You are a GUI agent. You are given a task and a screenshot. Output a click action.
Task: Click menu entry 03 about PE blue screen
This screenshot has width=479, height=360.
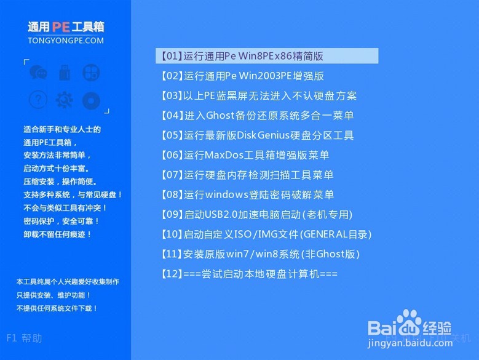tap(258, 96)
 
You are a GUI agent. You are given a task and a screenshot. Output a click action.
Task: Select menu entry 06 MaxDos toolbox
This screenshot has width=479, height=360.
tap(244, 155)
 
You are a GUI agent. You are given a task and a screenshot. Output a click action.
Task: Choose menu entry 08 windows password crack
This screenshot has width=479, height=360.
tap(247, 194)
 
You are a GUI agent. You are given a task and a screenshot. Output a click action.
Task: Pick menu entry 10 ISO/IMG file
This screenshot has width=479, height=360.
tap(266, 234)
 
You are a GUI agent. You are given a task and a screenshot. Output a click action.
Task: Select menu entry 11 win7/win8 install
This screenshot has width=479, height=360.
tap(259, 254)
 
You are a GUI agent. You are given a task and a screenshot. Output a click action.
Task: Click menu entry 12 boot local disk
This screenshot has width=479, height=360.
tap(248, 273)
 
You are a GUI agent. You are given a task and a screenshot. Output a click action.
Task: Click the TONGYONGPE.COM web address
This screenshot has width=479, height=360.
tap(66, 41)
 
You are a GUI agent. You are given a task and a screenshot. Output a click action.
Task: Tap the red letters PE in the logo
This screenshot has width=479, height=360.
tap(61, 27)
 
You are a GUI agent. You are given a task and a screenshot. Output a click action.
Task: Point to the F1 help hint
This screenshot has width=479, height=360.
tap(25, 338)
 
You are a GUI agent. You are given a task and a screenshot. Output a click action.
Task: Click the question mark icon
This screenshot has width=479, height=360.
tap(38, 99)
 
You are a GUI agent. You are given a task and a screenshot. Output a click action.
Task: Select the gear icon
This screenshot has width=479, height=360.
tap(64, 99)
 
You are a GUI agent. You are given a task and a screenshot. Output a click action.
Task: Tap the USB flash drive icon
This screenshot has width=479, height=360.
tap(64, 73)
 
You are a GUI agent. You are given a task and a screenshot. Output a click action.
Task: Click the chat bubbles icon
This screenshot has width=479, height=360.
tap(38, 73)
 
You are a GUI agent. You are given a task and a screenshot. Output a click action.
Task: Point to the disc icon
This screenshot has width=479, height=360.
tap(90, 99)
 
